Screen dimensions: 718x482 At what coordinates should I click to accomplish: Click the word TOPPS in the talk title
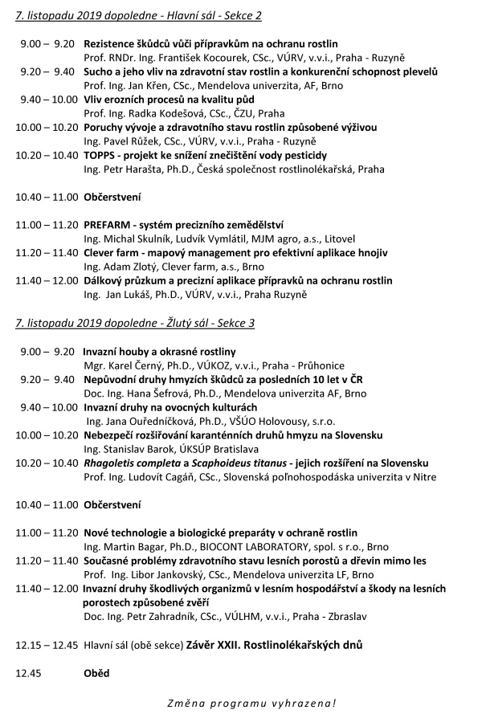pos(100,154)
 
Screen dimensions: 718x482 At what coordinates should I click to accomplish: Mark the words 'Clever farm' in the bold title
pos(114,252)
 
